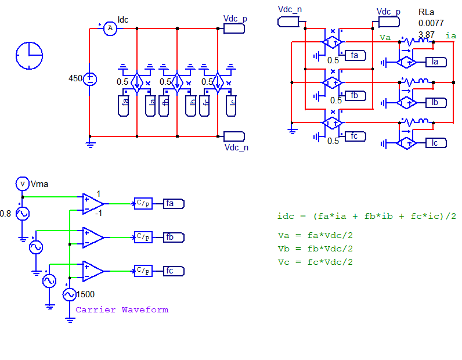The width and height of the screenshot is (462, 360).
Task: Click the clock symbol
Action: click(x=29, y=55)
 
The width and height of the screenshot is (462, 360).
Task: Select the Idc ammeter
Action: click(x=110, y=28)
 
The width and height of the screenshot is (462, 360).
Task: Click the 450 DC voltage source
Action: click(x=90, y=79)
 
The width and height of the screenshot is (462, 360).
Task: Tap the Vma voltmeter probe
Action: click(x=23, y=183)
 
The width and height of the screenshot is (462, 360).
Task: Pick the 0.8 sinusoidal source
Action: click(x=23, y=214)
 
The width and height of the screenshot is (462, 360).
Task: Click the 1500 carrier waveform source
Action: click(x=70, y=294)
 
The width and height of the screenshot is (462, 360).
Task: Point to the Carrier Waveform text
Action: click(x=122, y=309)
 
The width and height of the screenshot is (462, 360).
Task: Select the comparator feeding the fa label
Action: click(x=93, y=204)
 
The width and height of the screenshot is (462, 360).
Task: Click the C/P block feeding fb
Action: click(x=143, y=237)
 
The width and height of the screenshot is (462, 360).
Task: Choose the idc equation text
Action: click(x=367, y=216)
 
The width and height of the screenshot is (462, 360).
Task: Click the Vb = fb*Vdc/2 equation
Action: click(x=315, y=249)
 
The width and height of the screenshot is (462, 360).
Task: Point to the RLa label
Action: click(x=426, y=12)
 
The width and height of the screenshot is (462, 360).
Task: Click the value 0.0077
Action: click(x=431, y=23)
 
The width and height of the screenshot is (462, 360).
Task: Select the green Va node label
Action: click(x=385, y=37)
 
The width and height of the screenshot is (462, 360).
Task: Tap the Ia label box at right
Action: click(x=436, y=62)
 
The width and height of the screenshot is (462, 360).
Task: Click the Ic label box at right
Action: click(x=436, y=143)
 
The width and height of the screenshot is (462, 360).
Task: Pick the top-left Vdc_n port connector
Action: click(x=288, y=22)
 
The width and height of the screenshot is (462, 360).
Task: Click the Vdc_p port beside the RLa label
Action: click(x=389, y=22)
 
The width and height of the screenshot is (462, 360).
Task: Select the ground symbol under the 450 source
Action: click(x=90, y=145)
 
